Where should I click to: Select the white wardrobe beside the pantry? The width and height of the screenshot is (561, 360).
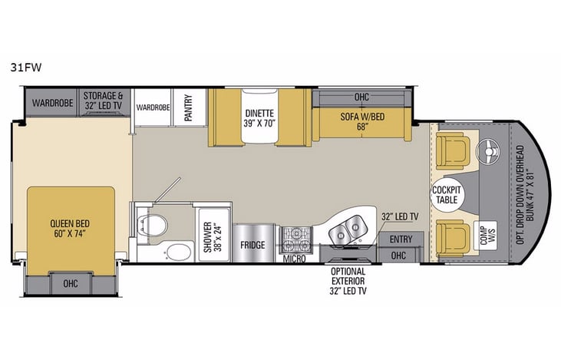[x=153, y=107]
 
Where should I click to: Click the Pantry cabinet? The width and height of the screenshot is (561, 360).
[x=185, y=107]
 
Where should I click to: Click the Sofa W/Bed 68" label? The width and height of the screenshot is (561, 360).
[x=361, y=123]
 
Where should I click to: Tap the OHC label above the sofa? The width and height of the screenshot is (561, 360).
[x=361, y=98]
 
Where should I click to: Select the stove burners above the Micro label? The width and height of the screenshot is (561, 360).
[x=294, y=237]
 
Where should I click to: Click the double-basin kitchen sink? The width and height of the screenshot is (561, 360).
[x=349, y=228]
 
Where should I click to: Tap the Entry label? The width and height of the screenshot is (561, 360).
[x=400, y=239]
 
